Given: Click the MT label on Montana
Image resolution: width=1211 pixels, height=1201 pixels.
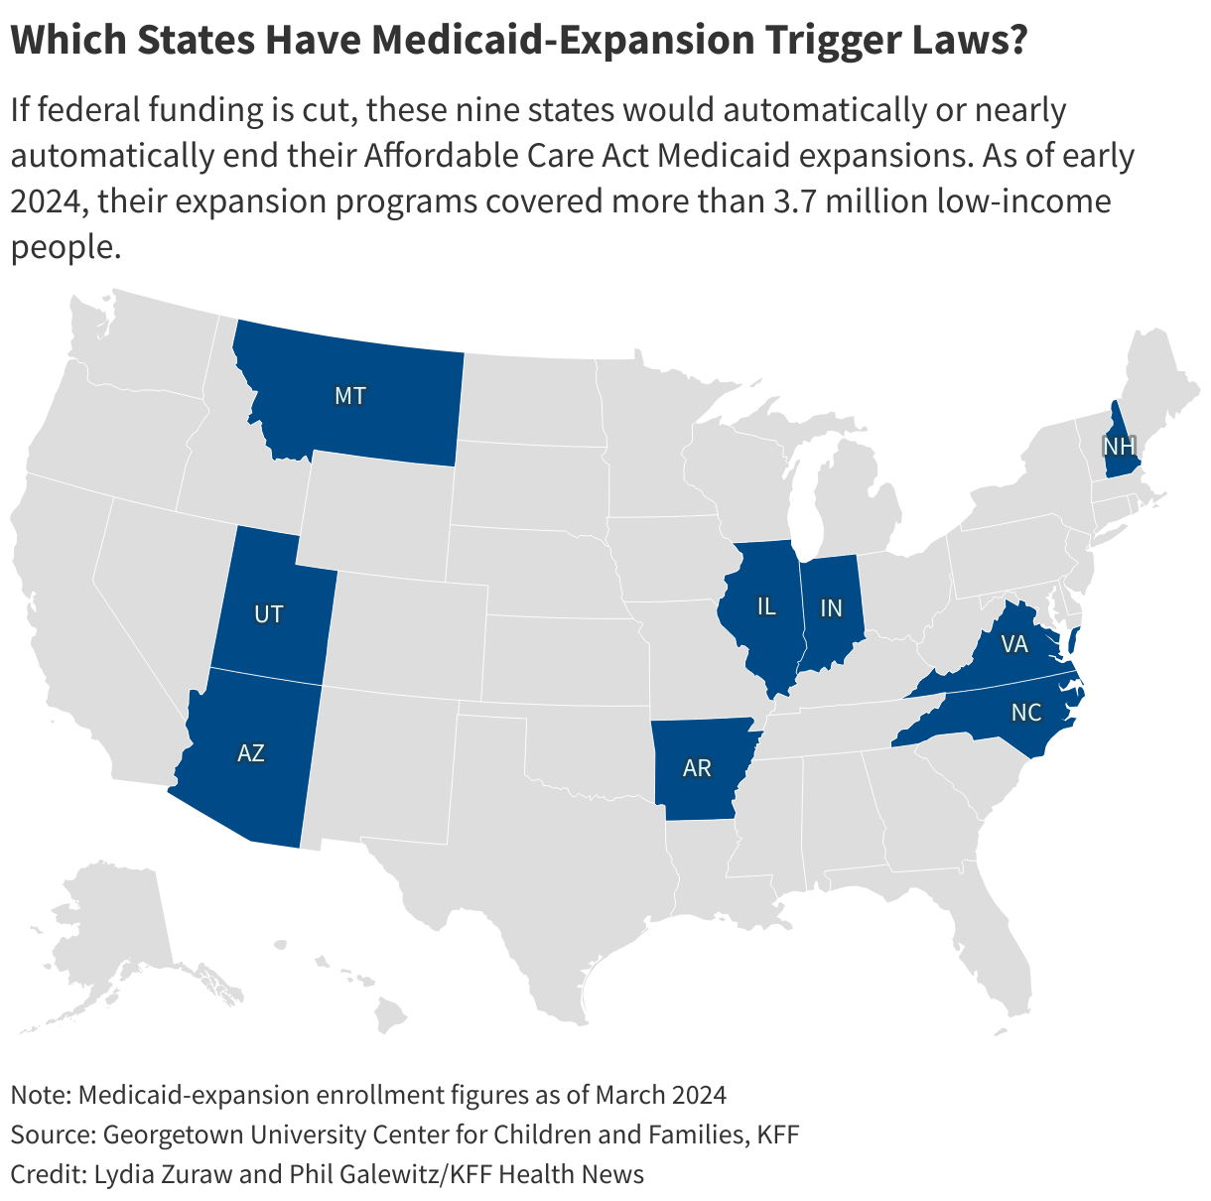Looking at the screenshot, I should point(349,396).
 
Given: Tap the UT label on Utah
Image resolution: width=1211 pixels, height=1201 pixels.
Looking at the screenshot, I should point(268,614).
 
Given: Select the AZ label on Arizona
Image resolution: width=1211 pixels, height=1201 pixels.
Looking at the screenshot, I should point(251,753).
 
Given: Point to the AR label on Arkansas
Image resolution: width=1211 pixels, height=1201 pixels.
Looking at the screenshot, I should point(697,767).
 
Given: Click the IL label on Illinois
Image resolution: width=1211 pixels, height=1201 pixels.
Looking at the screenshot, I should point(765,606).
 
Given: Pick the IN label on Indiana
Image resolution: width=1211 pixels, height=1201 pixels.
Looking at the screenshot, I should point(831,608).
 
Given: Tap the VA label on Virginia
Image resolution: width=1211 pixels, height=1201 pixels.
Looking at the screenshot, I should point(1013,645).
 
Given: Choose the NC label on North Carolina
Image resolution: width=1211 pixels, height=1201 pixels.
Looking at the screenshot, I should point(1026,713).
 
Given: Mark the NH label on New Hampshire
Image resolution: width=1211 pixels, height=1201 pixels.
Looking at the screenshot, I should point(1119,446).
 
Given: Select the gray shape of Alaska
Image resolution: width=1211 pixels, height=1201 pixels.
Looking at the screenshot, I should point(119,923).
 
